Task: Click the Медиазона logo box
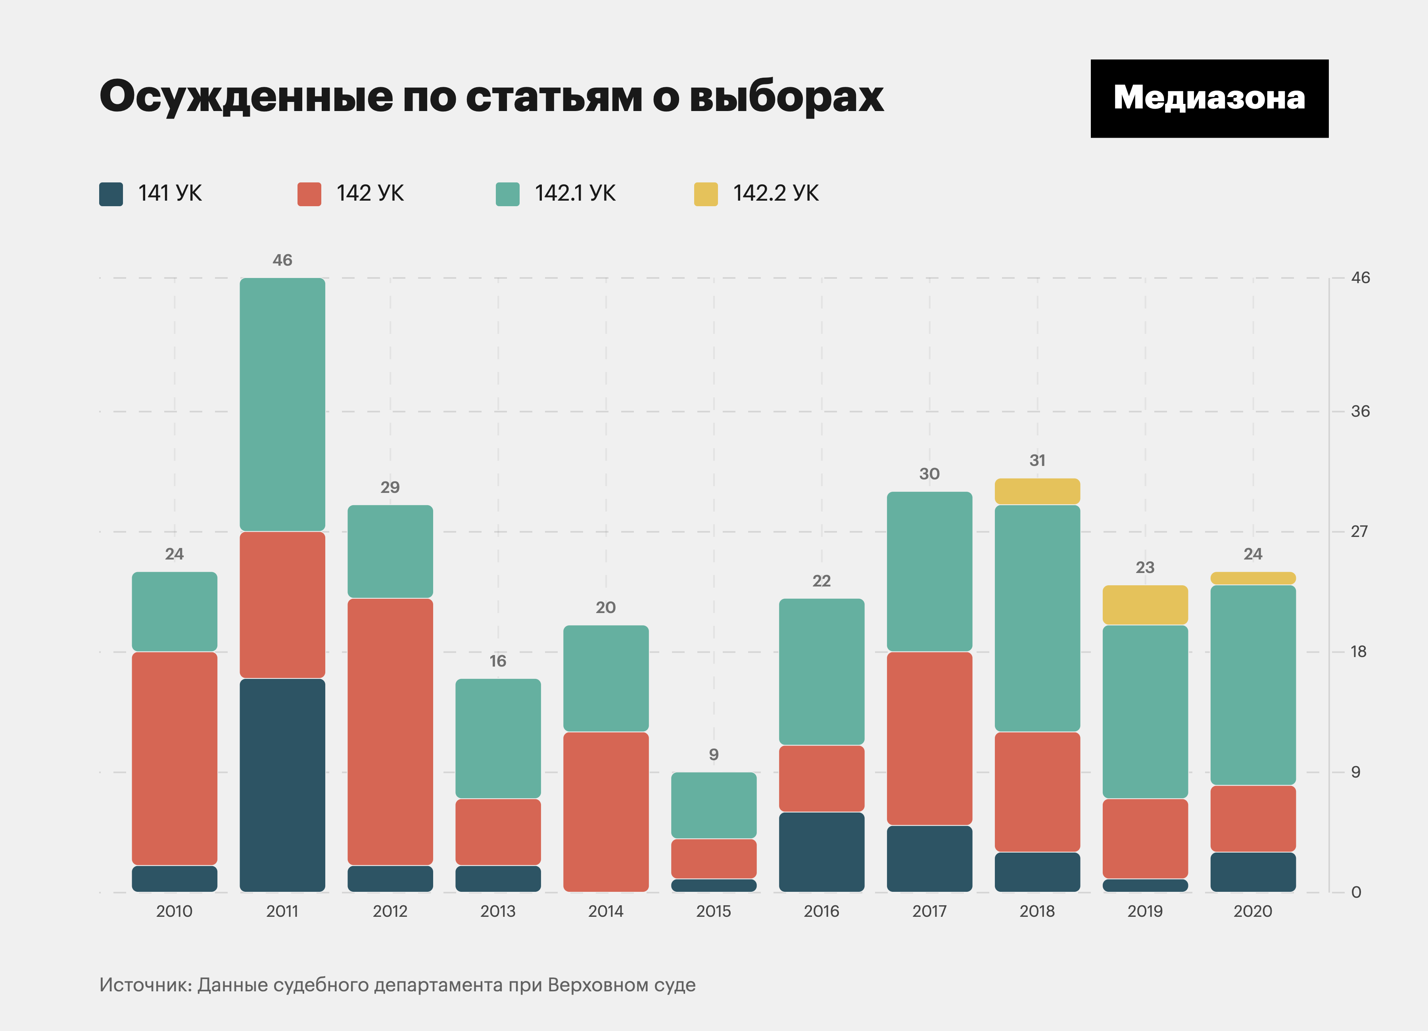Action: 1209,99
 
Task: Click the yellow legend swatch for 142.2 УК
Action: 705,194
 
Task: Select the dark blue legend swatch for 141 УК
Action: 111,194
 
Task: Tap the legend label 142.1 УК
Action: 574,193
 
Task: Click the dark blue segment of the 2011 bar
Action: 282,785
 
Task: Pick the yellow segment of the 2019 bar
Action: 1145,605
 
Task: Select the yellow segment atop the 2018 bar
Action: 1037,491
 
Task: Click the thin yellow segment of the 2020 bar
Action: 1252,578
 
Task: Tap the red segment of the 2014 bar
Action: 606,811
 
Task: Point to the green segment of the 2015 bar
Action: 713,805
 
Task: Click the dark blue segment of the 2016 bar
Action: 821,852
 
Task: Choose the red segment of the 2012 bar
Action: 390,731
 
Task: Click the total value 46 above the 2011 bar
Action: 282,260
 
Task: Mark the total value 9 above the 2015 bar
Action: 713,754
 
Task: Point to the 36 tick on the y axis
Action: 1360,412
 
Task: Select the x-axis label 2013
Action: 497,911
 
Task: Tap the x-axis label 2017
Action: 929,911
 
